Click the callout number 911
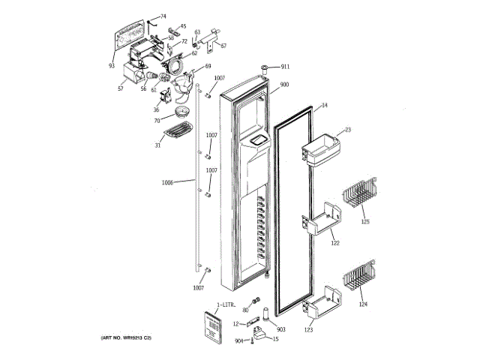tap(285, 67)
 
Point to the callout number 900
tap(284, 85)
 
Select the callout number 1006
tap(166, 182)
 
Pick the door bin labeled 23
tap(317, 147)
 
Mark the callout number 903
tap(281, 329)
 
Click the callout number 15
tap(275, 340)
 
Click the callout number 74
tap(163, 16)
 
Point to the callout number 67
tap(223, 46)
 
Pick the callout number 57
tap(120, 89)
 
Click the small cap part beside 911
tap(266, 68)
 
